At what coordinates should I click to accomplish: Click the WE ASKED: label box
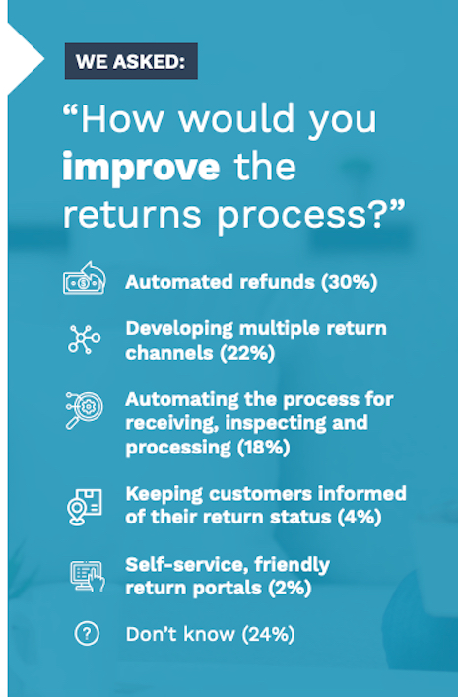click(131, 61)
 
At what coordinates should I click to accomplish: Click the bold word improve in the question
click(141, 168)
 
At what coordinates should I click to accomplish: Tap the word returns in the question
click(132, 215)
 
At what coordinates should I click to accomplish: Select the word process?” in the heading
click(311, 216)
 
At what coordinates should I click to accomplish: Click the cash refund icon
click(85, 278)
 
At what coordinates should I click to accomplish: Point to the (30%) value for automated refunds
click(350, 282)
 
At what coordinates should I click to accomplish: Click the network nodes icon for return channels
click(84, 339)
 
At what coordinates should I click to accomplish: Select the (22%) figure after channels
click(247, 353)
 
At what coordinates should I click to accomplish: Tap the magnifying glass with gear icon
click(84, 410)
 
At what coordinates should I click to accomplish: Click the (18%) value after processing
click(263, 447)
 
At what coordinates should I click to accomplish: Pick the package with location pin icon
click(85, 507)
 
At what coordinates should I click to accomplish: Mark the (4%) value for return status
click(359, 517)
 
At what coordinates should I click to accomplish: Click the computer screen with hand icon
click(88, 576)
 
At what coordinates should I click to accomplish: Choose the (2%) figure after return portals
click(290, 588)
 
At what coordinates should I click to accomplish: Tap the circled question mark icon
click(87, 633)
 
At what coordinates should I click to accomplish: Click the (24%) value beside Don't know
click(268, 634)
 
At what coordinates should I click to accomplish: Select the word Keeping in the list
click(164, 494)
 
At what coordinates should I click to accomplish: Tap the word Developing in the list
click(179, 330)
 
